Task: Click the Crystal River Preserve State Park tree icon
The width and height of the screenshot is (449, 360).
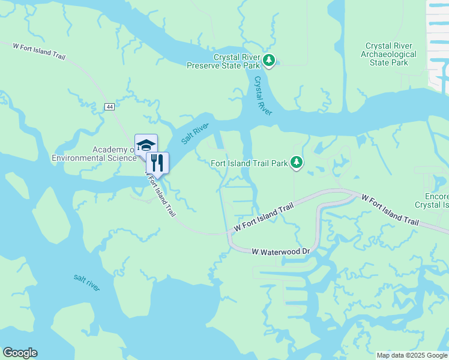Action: coord(270,60)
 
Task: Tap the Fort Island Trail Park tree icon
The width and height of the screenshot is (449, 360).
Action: coord(296,162)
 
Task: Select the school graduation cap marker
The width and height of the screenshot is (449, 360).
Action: coord(146,145)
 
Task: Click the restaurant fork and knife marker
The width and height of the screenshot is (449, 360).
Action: coord(157,162)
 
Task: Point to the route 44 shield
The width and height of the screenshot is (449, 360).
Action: coord(109,106)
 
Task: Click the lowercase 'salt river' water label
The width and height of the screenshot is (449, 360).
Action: coord(87,281)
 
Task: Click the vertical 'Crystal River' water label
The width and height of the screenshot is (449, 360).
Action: coord(264,96)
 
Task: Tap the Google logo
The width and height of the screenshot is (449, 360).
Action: coord(20,353)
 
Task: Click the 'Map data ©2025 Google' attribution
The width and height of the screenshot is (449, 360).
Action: coord(412,355)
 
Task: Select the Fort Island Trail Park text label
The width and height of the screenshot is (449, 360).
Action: coord(250,163)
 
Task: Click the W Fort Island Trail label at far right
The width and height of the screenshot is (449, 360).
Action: coord(390,209)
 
